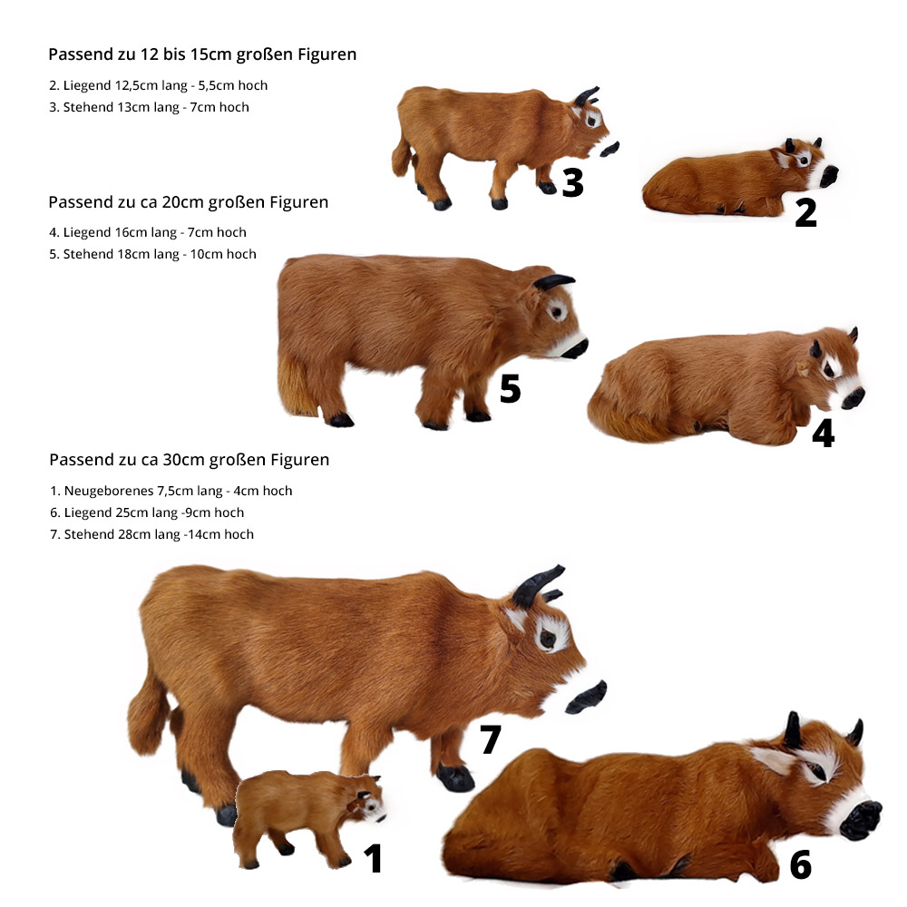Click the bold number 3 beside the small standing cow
[x=572, y=182]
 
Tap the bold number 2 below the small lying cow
[x=805, y=212]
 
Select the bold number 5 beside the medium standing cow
[x=510, y=388]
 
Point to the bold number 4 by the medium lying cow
[x=824, y=434]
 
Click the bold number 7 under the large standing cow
[x=491, y=739]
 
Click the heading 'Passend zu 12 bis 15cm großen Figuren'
[x=202, y=54]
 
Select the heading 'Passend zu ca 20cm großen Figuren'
[x=189, y=202]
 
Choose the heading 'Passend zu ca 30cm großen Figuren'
[x=190, y=460]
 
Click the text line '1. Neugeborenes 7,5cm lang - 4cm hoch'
[x=171, y=491]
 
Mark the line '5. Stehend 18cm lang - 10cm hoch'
[x=152, y=255]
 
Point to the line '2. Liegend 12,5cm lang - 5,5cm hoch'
[x=159, y=85]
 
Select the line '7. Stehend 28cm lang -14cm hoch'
[x=152, y=534]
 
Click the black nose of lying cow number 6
[x=861, y=820]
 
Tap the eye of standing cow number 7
[x=547, y=638]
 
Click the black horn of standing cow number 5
[x=553, y=282]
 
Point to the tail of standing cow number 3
[x=402, y=156]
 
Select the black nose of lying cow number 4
[x=853, y=398]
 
